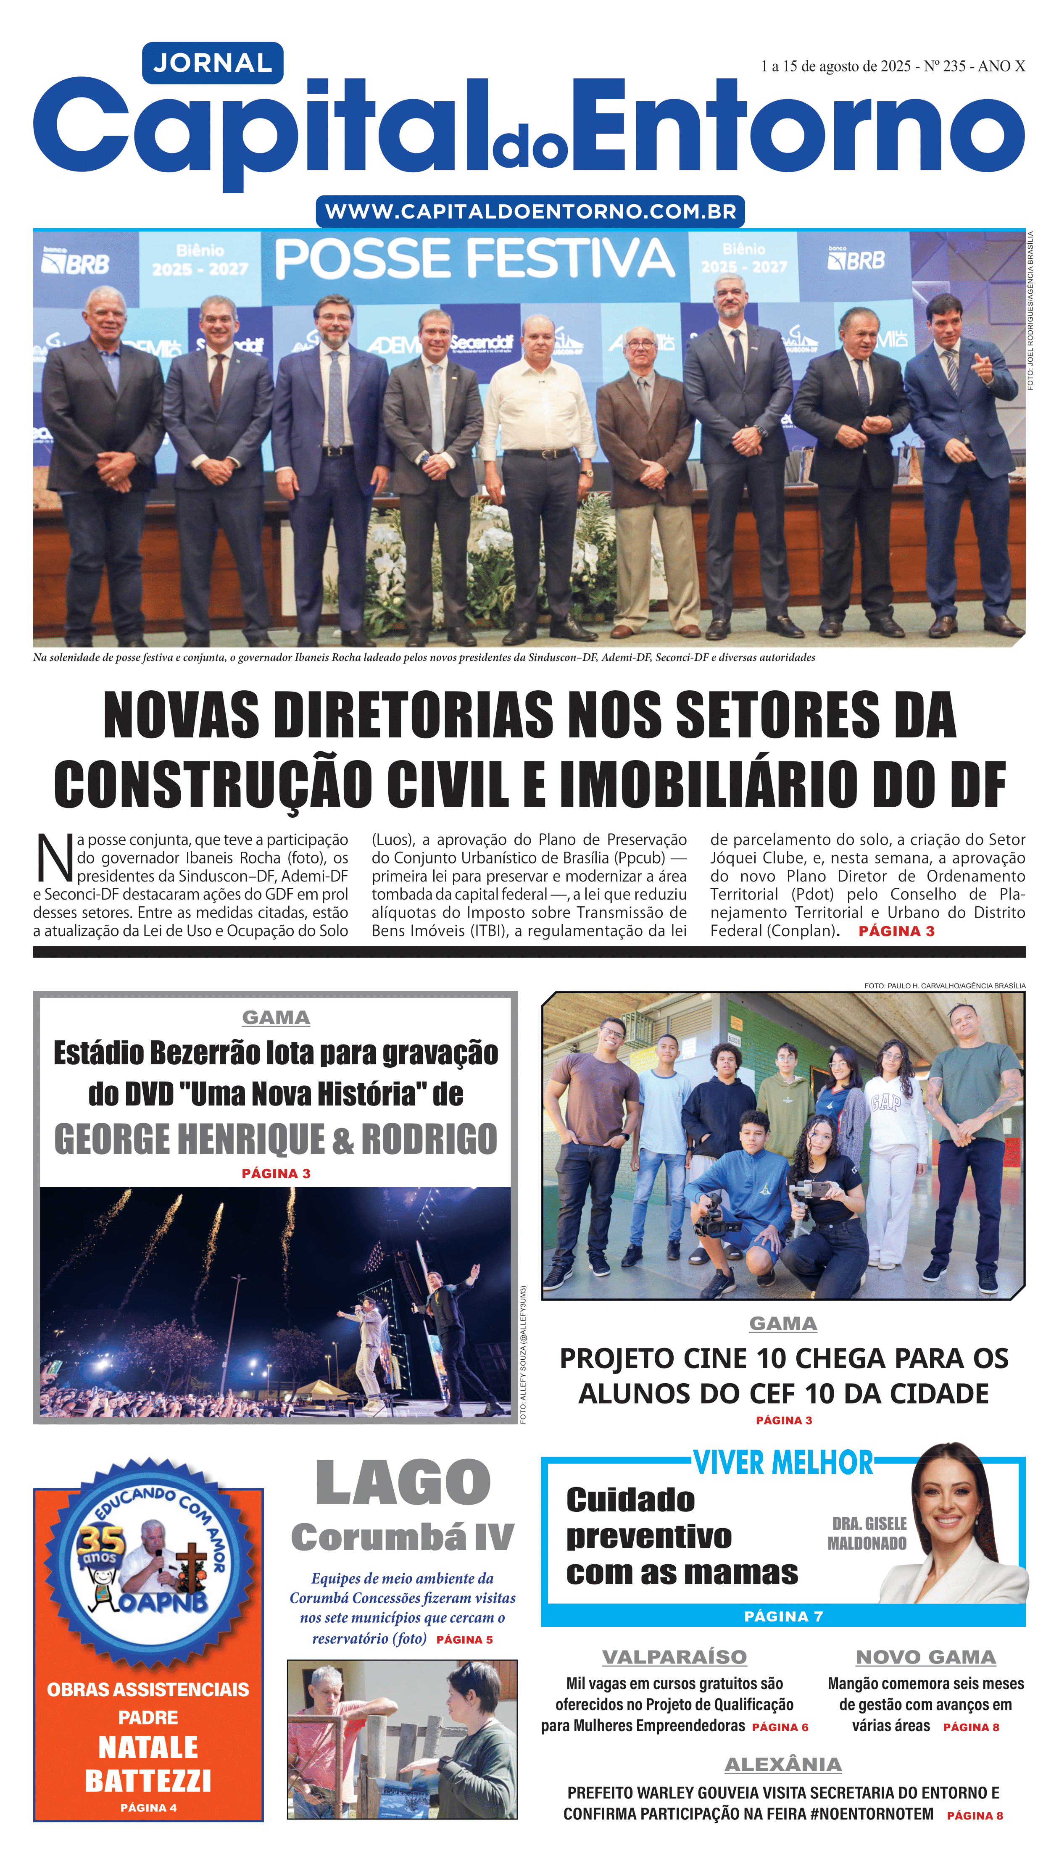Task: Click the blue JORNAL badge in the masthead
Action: coord(212,63)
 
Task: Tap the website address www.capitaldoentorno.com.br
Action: coord(530,212)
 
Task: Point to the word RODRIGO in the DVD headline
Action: coord(429,1140)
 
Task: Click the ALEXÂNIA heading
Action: coord(782,1765)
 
